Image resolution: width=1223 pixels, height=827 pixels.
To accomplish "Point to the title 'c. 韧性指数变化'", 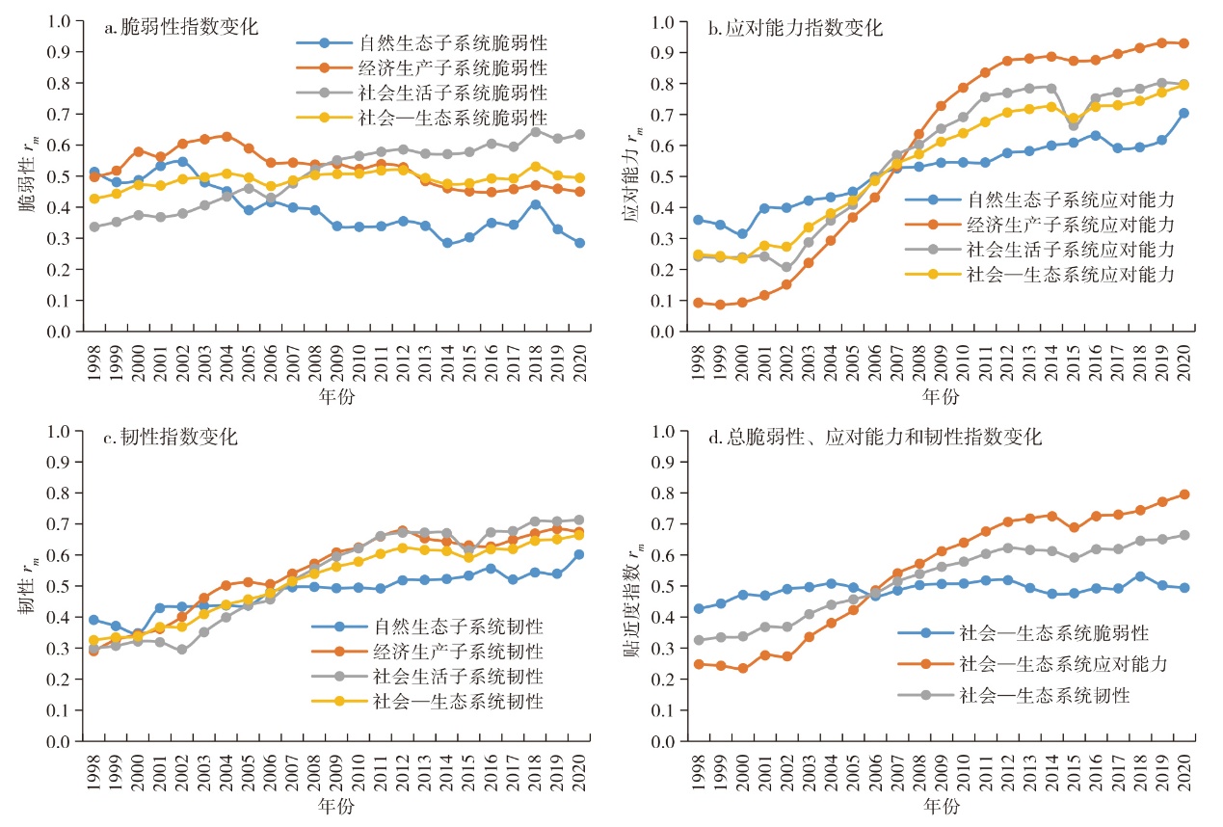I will click(173, 438).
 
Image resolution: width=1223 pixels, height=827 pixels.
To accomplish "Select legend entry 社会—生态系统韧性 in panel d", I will click(1045, 693).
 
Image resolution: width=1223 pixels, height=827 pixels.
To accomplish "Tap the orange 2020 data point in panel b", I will click(1183, 43).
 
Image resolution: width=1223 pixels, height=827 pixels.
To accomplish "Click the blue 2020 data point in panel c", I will click(578, 554).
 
